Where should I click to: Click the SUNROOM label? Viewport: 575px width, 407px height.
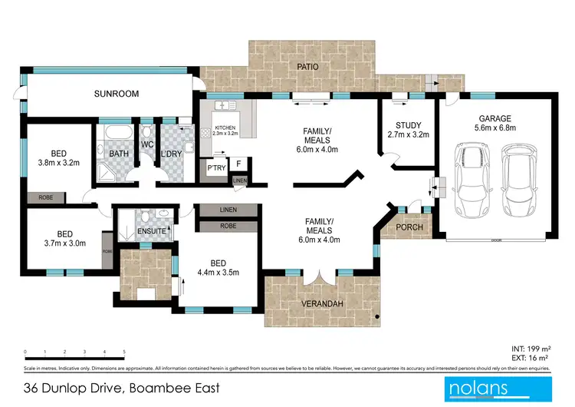[x=117, y=94]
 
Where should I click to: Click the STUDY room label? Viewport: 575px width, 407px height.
[x=408, y=125]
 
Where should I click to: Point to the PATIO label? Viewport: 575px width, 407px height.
[x=308, y=67]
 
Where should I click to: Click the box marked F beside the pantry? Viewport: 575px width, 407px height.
[x=239, y=164]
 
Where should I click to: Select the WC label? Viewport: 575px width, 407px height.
[x=148, y=144]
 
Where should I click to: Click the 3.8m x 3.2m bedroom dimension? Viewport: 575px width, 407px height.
[x=59, y=164]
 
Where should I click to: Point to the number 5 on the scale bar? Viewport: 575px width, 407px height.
[x=124, y=352]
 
